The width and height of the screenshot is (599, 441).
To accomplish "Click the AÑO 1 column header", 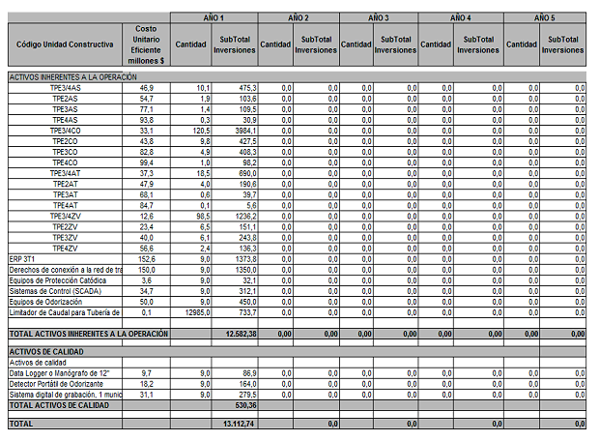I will (x=214, y=18).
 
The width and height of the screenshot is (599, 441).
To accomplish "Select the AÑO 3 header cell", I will (x=378, y=18).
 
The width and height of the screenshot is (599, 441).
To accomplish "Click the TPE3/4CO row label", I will (x=66, y=130).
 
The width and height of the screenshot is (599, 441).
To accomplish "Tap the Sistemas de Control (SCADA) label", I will (x=55, y=290).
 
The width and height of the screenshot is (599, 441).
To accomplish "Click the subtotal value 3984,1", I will (x=241, y=130).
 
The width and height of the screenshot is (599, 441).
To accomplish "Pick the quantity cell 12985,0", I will (x=195, y=311).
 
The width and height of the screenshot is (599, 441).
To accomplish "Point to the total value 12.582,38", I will (x=237, y=334).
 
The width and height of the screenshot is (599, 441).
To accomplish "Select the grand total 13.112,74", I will (x=237, y=424).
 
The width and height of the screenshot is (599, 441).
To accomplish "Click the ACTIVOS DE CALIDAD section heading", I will (x=48, y=351).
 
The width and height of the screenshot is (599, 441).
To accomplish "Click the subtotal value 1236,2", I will (x=241, y=216).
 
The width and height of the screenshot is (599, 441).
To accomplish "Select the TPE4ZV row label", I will (x=66, y=248).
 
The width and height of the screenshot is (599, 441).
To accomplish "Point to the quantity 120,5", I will (x=198, y=130).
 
